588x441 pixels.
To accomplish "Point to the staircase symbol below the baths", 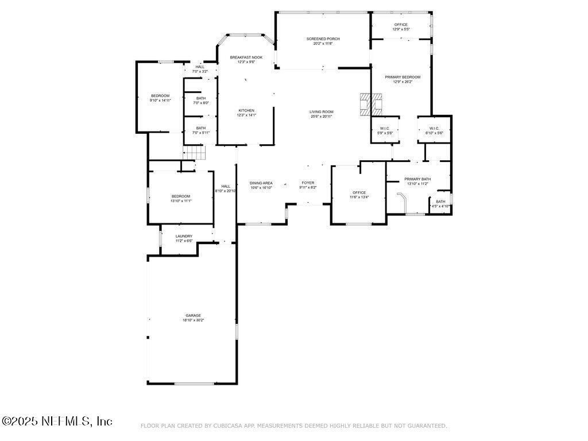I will point(194,153).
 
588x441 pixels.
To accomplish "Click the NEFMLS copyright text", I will point(57,421).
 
